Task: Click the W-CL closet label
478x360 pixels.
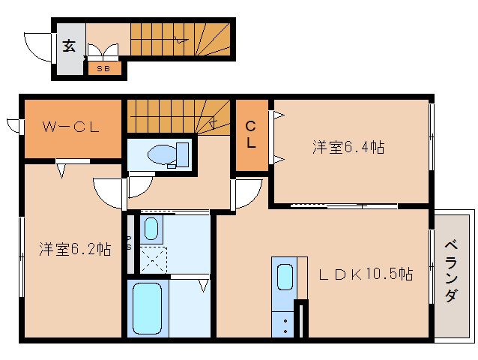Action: pos(71,127)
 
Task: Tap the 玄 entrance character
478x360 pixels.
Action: pos(69,46)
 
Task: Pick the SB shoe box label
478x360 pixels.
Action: pos(103,69)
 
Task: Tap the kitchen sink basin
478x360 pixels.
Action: pos(285,277)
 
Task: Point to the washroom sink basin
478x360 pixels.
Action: pos(150,228)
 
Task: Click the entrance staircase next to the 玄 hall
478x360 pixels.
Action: pos(180,37)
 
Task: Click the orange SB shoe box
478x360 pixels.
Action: pos(104,69)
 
